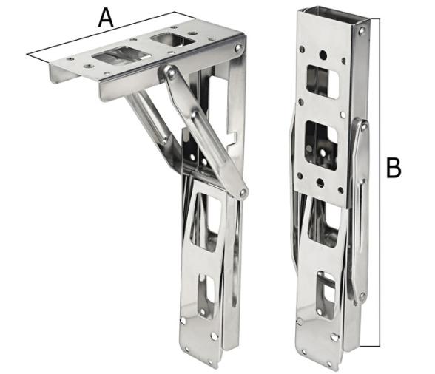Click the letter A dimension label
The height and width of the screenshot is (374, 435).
pos(107,16)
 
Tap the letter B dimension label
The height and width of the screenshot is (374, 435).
pos(394,167)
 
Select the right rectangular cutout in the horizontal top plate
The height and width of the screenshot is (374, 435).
pos(171,38)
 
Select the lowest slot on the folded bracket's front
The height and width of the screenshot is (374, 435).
pos(326,288)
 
